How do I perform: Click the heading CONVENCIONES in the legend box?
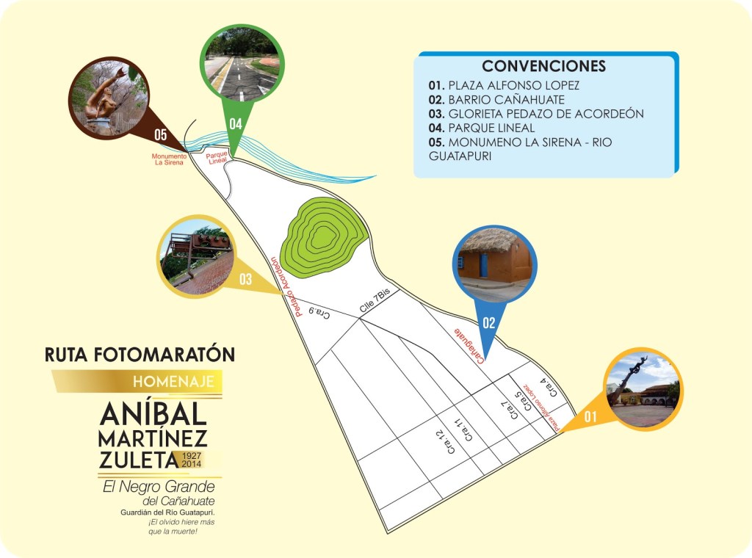coord(544,66)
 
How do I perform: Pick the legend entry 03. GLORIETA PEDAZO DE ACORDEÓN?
coord(536,114)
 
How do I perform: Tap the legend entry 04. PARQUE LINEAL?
coord(492,128)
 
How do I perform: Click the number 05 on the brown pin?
coord(160,134)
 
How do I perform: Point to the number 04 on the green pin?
coord(235,123)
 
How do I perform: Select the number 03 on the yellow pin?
coord(245,279)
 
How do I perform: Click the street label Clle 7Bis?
coord(377,302)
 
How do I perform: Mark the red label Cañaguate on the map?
coord(471,344)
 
